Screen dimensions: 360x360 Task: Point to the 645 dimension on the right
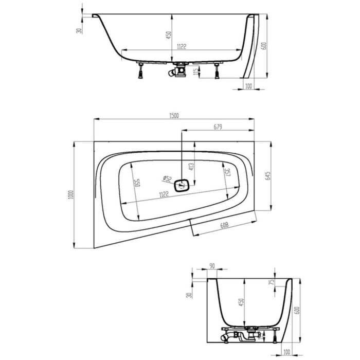click(267, 175)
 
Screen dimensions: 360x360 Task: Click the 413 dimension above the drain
click(191, 165)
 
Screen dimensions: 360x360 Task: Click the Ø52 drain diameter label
click(168, 178)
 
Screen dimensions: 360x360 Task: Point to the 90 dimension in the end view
click(212, 266)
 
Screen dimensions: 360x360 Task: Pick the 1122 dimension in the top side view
click(179, 46)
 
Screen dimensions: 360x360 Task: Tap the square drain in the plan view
click(182, 185)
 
